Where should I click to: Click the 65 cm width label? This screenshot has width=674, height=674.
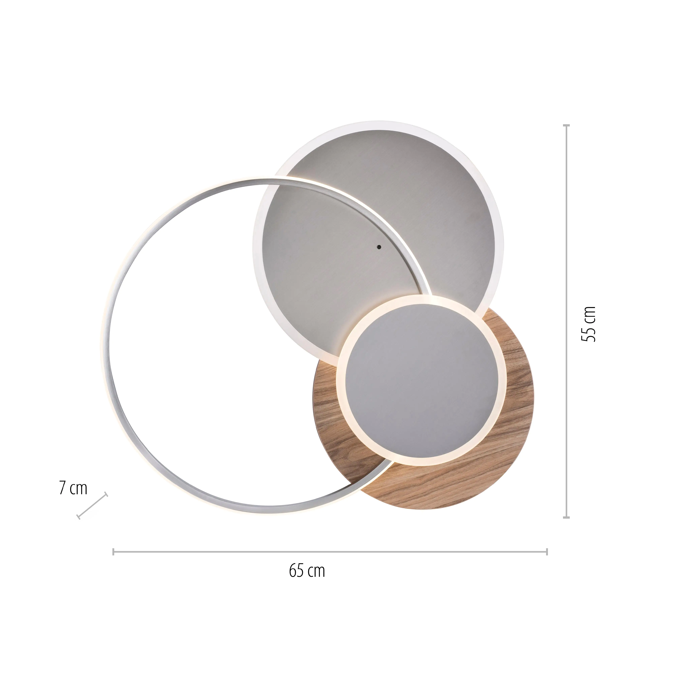point(307,571)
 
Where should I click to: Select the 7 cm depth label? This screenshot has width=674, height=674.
point(73,488)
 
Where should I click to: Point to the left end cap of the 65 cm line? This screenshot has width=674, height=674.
point(113,552)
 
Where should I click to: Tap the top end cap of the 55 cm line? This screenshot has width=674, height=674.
point(566,125)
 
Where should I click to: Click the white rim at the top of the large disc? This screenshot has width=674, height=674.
point(378,125)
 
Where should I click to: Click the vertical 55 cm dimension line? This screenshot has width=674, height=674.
point(566,244)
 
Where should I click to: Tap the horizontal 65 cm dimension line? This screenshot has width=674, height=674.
point(384,552)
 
